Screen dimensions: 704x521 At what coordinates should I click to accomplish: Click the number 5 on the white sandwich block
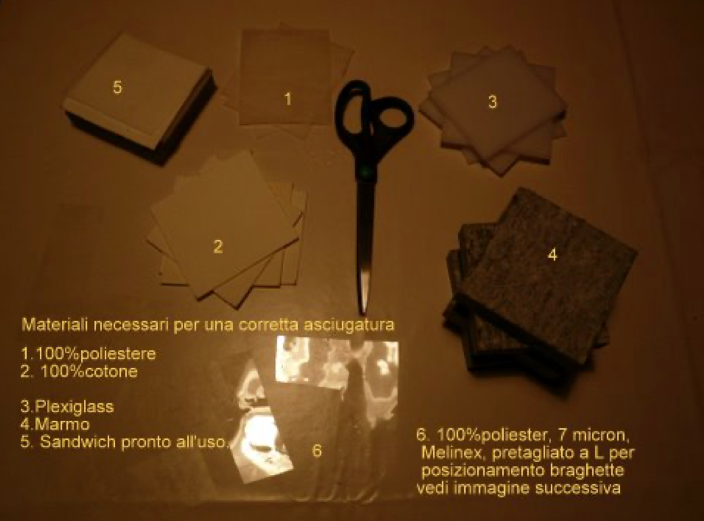click(117, 87)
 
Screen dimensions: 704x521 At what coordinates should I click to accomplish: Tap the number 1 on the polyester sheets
click(288, 99)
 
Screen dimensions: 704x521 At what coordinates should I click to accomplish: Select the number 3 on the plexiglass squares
click(493, 102)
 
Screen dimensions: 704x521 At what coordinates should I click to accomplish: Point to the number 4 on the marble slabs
click(552, 254)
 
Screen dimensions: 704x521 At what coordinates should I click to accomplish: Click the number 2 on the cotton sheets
click(218, 246)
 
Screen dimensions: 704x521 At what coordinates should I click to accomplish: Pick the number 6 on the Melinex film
click(317, 450)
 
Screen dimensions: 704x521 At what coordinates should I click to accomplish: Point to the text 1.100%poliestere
click(89, 354)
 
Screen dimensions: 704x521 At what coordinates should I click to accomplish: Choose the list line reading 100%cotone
click(89, 371)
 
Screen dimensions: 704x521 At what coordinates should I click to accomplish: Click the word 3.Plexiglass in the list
click(67, 407)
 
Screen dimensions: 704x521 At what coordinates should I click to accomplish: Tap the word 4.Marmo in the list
click(56, 424)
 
